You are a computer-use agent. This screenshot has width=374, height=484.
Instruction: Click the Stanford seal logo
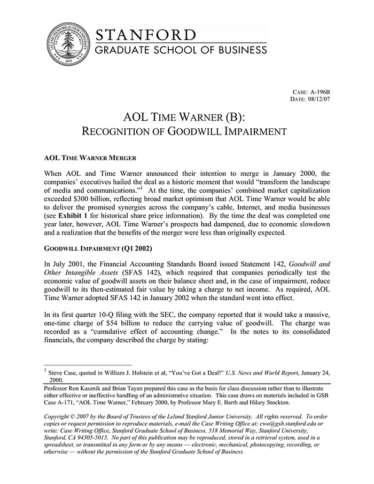(x=66, y=45)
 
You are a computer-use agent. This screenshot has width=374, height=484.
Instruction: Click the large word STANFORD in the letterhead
(x=146, y=35)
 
